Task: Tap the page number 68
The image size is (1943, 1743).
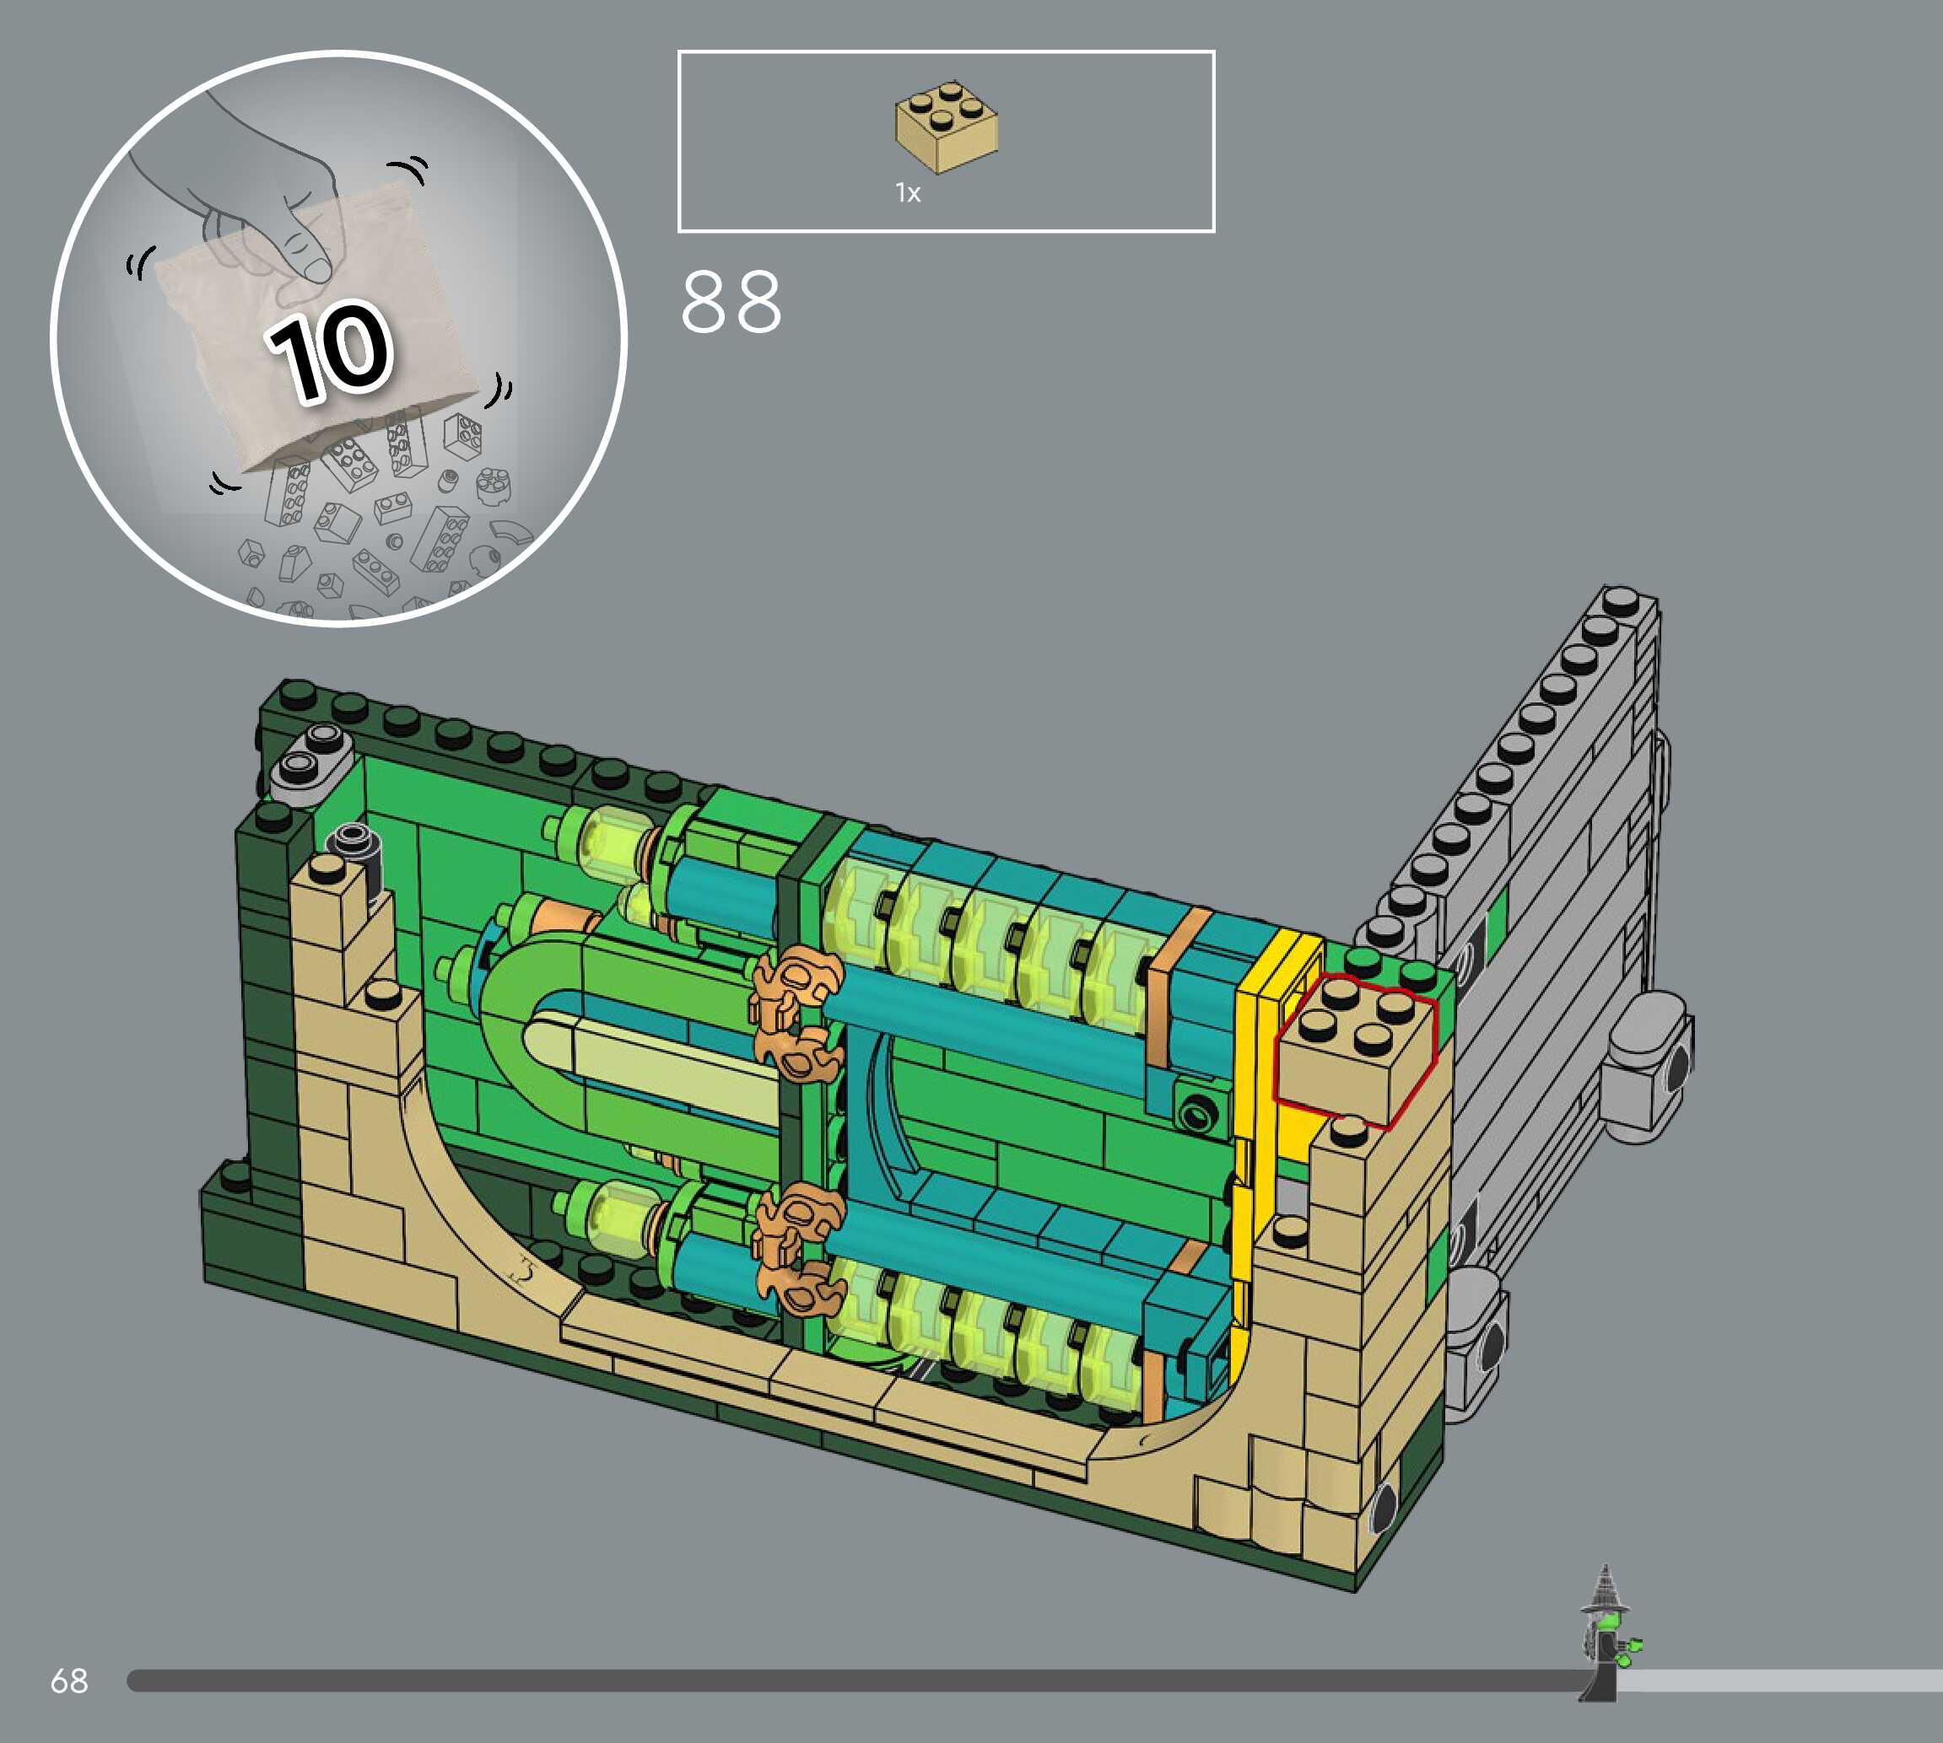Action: (69, 1680)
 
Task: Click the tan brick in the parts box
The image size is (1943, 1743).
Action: (947, 127)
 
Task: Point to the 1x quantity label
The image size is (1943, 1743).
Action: (907, 192)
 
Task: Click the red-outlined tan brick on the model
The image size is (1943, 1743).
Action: (1355, 1050)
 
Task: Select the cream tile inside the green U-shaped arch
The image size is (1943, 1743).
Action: (651, 1064)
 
